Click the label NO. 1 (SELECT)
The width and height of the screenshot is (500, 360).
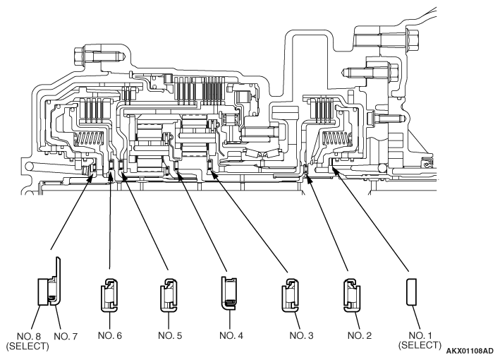[420, 340]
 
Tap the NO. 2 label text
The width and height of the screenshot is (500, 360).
[360, 335]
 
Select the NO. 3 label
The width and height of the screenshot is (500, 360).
[301, 335]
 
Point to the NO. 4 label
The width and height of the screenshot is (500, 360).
[231, 335]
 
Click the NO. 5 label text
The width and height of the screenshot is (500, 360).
[170, 335]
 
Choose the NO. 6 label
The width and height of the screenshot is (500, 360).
[110, 335]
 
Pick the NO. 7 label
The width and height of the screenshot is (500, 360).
[66, 337]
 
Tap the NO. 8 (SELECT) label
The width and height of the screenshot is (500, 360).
[28, 341]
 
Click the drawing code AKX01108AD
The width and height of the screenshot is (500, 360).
[470, 351]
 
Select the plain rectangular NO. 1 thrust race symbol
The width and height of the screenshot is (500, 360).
[411, 292]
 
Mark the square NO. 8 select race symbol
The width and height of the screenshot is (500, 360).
[43, 292]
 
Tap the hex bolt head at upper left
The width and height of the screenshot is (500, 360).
[79, 56]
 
